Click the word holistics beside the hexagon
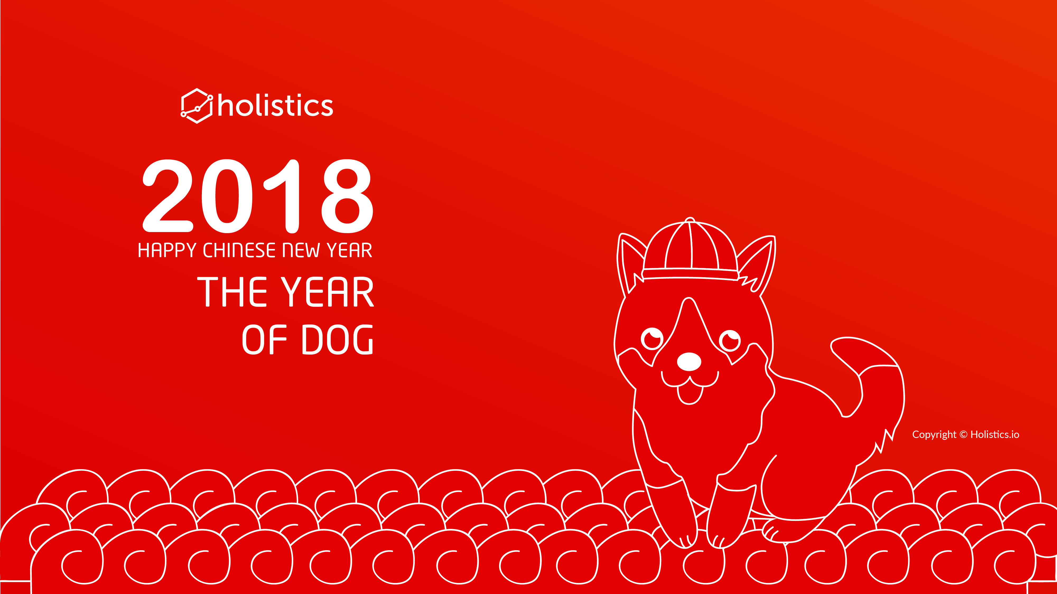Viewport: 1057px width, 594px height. (275, 106)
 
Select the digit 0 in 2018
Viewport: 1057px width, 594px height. (227, 196)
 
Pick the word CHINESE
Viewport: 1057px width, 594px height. (239, 250)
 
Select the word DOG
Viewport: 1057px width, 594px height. (337, 340)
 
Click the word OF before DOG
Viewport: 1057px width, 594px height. (264, 340)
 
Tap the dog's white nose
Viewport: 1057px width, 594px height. (689, 362)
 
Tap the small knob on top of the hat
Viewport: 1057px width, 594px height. (690, 220)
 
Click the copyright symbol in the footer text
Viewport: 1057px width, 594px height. (963, 435)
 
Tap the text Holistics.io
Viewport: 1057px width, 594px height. (995, 435)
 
